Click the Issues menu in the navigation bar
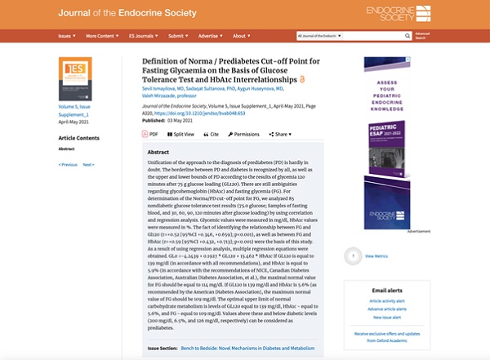coord(66,36)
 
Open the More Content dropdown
coord(100,36)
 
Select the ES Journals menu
coord(143,36)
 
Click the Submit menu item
coord(178,36)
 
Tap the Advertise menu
coord(209,36)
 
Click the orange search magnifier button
coord(407,36)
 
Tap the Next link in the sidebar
coord(89,164)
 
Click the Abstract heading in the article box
coord(158,153)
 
